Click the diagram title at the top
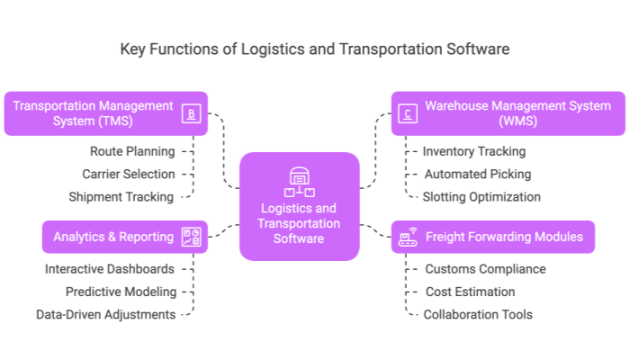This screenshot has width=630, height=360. [x=315, y=49]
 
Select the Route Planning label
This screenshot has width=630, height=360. [x=132, y=151]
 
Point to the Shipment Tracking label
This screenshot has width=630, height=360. [x=122, y=196]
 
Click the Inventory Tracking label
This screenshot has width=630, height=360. [x=473, y=151]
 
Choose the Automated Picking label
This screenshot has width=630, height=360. [x=478, y=174]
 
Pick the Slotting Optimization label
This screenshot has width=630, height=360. [x=482, y=196]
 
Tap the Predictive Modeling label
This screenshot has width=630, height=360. [x=121, y=292]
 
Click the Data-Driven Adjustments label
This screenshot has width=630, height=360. [x=106, y=314]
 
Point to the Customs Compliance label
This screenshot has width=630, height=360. [x=485, y=269]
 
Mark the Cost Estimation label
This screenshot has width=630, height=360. [x=471, y=292]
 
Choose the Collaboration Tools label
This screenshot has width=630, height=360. [x=479, y=314]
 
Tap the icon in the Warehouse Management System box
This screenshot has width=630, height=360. [x=408, y=113]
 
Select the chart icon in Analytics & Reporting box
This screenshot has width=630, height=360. [x=191, y=238]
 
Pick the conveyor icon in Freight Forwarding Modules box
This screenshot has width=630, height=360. [x=407, y=238]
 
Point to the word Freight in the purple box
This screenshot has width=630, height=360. [x=445, y=238]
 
